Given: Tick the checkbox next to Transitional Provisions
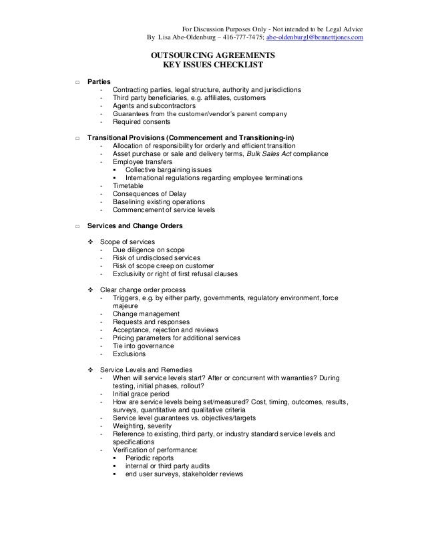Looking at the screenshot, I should (x=78, y=137).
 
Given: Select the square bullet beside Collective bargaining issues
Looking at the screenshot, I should (x=116, y=169).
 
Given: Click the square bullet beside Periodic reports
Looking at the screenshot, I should (x=116, y=458).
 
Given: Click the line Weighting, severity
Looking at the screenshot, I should (x=142, y=426).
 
